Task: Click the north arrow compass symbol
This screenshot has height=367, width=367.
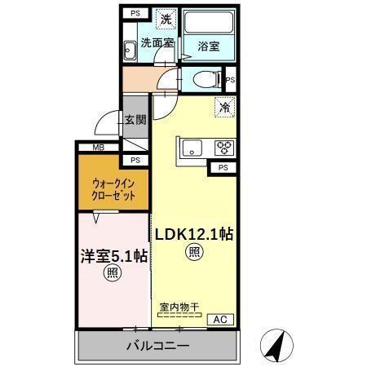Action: coord(276,346)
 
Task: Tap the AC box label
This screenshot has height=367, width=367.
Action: coord(220,320)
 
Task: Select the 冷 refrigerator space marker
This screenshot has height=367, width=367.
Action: coord(224,107)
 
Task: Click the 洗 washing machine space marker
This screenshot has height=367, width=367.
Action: coord(166,19)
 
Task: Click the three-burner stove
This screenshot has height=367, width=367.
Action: coord(224,148)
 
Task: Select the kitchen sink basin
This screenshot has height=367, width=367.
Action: coord(192,148)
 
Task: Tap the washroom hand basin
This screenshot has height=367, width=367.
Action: coord(130,51)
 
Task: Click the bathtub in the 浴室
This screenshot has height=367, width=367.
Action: coord(209,22)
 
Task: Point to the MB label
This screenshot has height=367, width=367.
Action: coord(99,148)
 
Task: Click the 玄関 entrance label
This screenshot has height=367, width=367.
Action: coord(135,120)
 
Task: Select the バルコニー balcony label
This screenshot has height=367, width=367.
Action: coord(157,346)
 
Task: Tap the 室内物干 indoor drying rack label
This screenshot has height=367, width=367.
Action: coord(179,307)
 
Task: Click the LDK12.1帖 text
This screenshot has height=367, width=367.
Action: coord(194,234)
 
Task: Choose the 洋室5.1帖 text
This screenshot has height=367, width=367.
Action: coord(114,256)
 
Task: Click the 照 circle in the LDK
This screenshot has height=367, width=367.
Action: coord(194,252)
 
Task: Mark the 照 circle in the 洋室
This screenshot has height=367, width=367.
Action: coord(113,273)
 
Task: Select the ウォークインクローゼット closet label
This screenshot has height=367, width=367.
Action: coord(113,189)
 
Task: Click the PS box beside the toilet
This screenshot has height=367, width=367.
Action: coord(231,80)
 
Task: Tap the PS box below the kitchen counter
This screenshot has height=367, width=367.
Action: coord(223,168)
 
